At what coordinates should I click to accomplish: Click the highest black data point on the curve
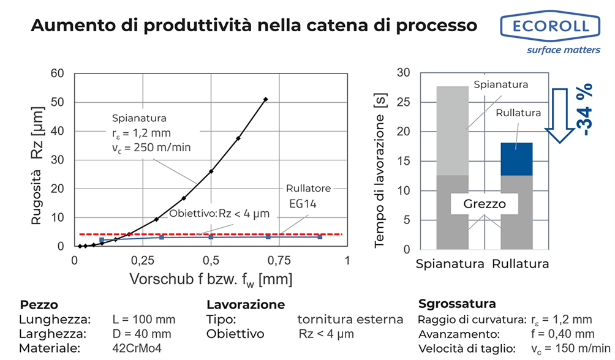[265, 99]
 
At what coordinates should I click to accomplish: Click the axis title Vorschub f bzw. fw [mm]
[211, 279]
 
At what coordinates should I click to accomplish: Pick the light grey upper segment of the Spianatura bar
[452, 130]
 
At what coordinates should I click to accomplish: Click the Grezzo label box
[484, 204]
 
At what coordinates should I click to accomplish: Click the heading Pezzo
[39, 304]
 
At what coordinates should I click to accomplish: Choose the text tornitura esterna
[350, 319]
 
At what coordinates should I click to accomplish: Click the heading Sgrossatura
[456, 304]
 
